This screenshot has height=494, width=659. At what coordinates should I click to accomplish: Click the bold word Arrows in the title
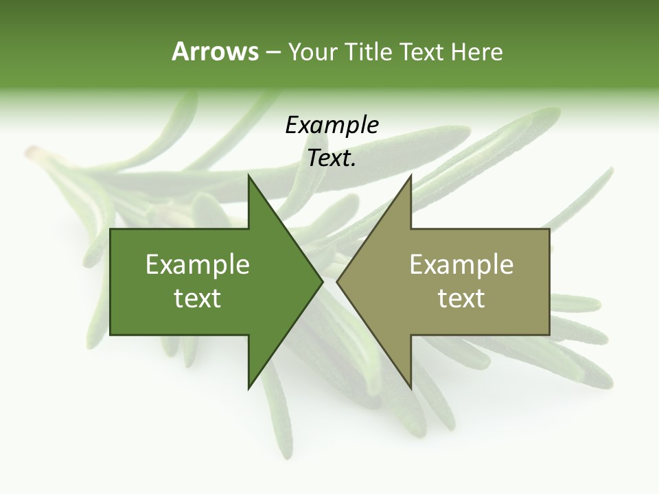coord(214,51)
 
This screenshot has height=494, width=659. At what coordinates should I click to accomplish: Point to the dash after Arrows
coord(273,53)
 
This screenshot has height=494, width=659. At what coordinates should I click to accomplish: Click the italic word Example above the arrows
coord(332,126)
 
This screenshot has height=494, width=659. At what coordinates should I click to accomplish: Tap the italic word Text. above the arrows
coord(332,158)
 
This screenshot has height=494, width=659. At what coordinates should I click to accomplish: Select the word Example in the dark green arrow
coord(198,264)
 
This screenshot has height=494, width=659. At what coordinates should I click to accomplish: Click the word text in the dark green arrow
coord(198,298)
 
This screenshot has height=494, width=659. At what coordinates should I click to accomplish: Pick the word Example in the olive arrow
coord(461,264)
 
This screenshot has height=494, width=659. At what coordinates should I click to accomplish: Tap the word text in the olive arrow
coord(461,298)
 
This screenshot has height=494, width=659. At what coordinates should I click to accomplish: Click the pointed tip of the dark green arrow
coord(323,281)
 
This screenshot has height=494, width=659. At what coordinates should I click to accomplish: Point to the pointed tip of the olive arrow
coord(337,281)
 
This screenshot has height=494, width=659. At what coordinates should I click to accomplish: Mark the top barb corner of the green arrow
coord(248,175)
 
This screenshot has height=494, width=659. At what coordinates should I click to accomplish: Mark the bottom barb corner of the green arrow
coord(248,388)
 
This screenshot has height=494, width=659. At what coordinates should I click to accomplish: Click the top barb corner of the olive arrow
coord(411,175)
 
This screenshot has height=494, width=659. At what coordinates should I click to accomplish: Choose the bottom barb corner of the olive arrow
coord(411,388)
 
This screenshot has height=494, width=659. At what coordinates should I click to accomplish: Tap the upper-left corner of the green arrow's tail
coord(111,229)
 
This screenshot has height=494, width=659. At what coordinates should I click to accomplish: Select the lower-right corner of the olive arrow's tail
coord(549,335)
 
